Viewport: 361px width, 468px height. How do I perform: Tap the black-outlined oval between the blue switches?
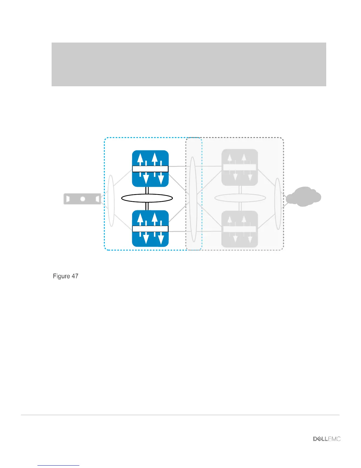point(147,198)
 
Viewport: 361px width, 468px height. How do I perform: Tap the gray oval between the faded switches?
point(240,198)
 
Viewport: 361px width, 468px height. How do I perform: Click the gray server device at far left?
point(82,199)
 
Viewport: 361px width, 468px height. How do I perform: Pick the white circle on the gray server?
point(83,199)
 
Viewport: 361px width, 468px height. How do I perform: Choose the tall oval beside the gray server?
point(111,201)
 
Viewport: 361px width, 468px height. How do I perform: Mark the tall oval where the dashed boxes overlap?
point(193,199)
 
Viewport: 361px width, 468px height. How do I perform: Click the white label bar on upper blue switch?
point(150,169)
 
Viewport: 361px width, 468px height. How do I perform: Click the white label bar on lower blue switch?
point(150,229)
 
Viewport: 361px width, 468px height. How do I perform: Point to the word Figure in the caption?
point(61,276)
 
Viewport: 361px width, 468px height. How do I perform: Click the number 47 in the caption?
point(75,276)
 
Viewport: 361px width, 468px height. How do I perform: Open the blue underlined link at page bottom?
point(58,465)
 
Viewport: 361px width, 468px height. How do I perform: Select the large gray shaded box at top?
point(189,64)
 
